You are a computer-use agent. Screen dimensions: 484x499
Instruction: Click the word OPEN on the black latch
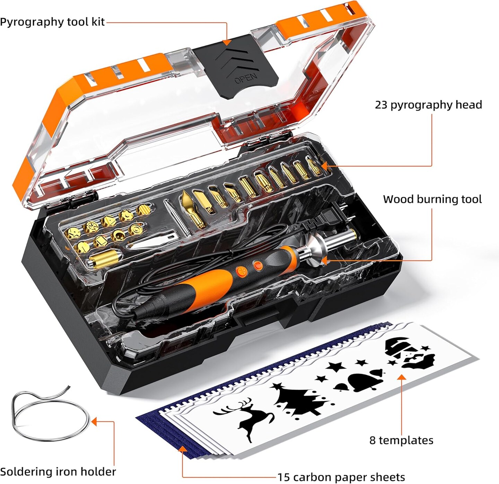click(x=246, y=79)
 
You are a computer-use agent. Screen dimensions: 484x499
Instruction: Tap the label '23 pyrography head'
click(x=428, y=105)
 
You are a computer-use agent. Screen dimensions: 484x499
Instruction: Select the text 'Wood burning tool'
click(x=432, y=199)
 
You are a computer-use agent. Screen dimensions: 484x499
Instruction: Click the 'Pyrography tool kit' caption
click(x=52, y=22)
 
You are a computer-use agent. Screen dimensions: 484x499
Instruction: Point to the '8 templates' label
click(x=401, y=440)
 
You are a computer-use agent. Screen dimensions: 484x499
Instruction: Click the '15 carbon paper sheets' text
click(x=341, y=477)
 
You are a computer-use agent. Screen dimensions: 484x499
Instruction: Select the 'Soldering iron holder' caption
click(x=58, y=472)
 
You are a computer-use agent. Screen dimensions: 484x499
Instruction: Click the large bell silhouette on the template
click(x=364, y=381)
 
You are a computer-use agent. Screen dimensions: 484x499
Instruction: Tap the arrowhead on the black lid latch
click(x=227, y=42)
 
